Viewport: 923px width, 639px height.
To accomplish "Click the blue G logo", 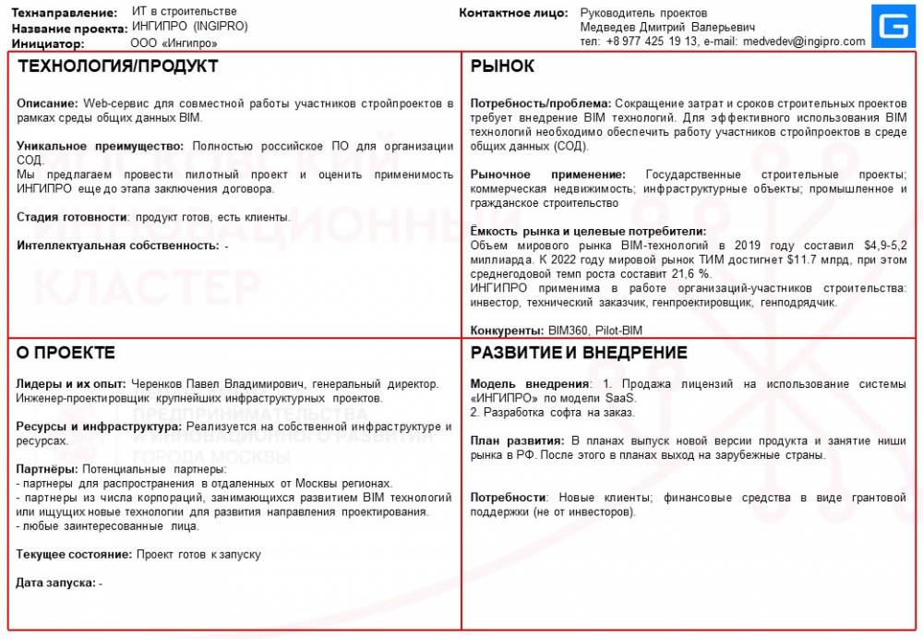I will [891, 27].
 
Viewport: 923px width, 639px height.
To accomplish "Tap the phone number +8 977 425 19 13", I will [650, 42].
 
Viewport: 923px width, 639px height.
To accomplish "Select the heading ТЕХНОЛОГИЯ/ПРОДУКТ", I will [118, 66].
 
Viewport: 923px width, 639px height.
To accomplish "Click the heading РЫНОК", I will [502, 66].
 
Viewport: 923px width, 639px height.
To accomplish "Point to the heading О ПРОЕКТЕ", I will [66, 353].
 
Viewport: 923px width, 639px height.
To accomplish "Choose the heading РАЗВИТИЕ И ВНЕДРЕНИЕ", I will [579, 353].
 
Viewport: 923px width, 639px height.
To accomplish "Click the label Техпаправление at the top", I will [65, 13].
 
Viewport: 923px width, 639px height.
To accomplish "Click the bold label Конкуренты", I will [506, 331].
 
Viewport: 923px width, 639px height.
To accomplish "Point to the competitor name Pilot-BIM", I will [618, 331].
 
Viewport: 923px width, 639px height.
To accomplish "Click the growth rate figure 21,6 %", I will [690, 274].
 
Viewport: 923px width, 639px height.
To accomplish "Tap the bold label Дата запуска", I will [56, 583].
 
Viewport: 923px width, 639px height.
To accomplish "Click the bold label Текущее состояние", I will [74, 554].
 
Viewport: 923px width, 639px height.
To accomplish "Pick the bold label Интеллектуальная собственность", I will [118, 246].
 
